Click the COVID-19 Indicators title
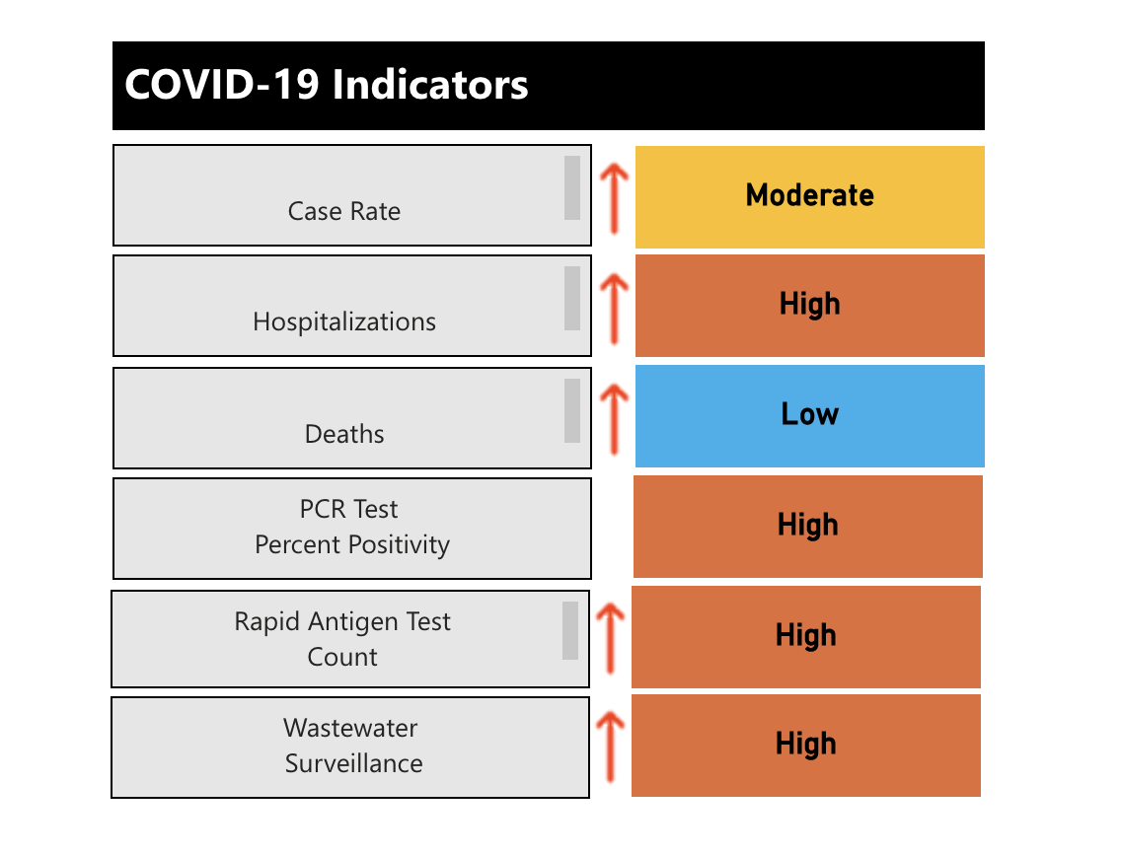click(x=327, y=86)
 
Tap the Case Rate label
click(x=344, y=211)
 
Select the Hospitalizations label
click(x=344, y=321)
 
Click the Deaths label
click(x=344, y=434)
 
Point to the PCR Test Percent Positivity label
click(x=351, y=528)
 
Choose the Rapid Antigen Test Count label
click(x=342, y=639)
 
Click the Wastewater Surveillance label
click(x=353, y=746)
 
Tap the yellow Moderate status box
click(x=809, y=196)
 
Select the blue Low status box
click(x=809, y=415)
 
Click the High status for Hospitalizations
click(x=809, y=305)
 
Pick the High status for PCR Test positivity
click(x=807, y=526)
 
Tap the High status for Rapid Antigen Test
click(x=805, y=636)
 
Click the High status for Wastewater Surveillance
click(x=805, y=745)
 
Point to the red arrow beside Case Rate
click(x=614, y=197)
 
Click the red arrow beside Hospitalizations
click(x=614, y=308)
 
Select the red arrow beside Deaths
click(x=614, y=418)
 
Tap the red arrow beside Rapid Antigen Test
click(x=611, y=638)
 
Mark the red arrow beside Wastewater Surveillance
click(x=611, y=747)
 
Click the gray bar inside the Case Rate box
click(x=572, y=187)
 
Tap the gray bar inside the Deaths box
click(x=572, y=410)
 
